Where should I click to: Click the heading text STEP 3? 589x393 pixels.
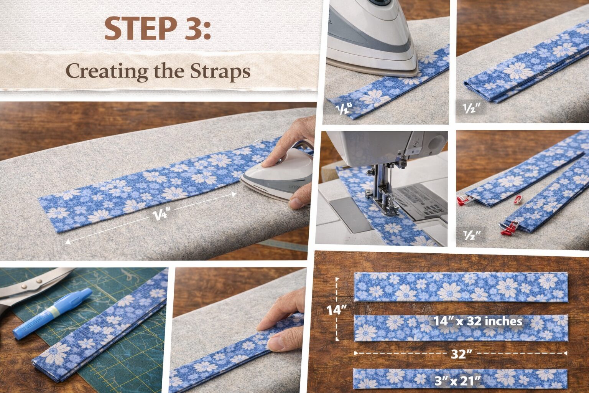click(x=158, y=29)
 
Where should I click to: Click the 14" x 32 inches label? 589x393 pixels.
click(x=478, y=321)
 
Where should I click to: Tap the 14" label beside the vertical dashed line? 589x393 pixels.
click(x=336, y=310)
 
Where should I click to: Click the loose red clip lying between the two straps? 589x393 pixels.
click(x=518, y=199)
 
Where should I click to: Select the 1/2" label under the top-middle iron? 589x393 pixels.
click(x=344, y=109)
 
